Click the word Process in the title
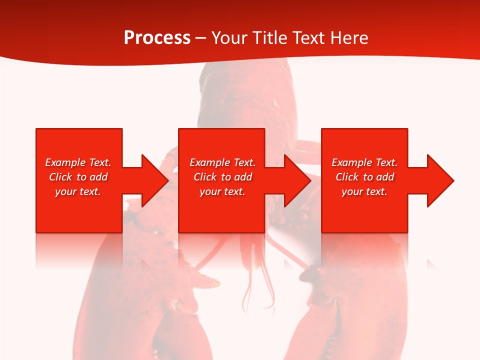[x=157, y=37]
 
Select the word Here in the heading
[x=348, y=37]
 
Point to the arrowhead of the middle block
[x=296, y=180]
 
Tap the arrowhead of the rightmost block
[x=439, y=180]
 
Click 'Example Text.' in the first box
[x=78, y=162]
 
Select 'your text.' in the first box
[x=78, y=191]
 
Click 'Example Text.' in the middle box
[x=222, y=162]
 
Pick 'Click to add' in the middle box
[x=222, y=177]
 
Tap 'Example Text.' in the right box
[x=364, y=162]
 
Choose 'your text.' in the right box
[x=364, y=191]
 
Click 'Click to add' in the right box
[x=364, y=177]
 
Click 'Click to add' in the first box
[x=78, y=177]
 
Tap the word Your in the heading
[x=228, y=37]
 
